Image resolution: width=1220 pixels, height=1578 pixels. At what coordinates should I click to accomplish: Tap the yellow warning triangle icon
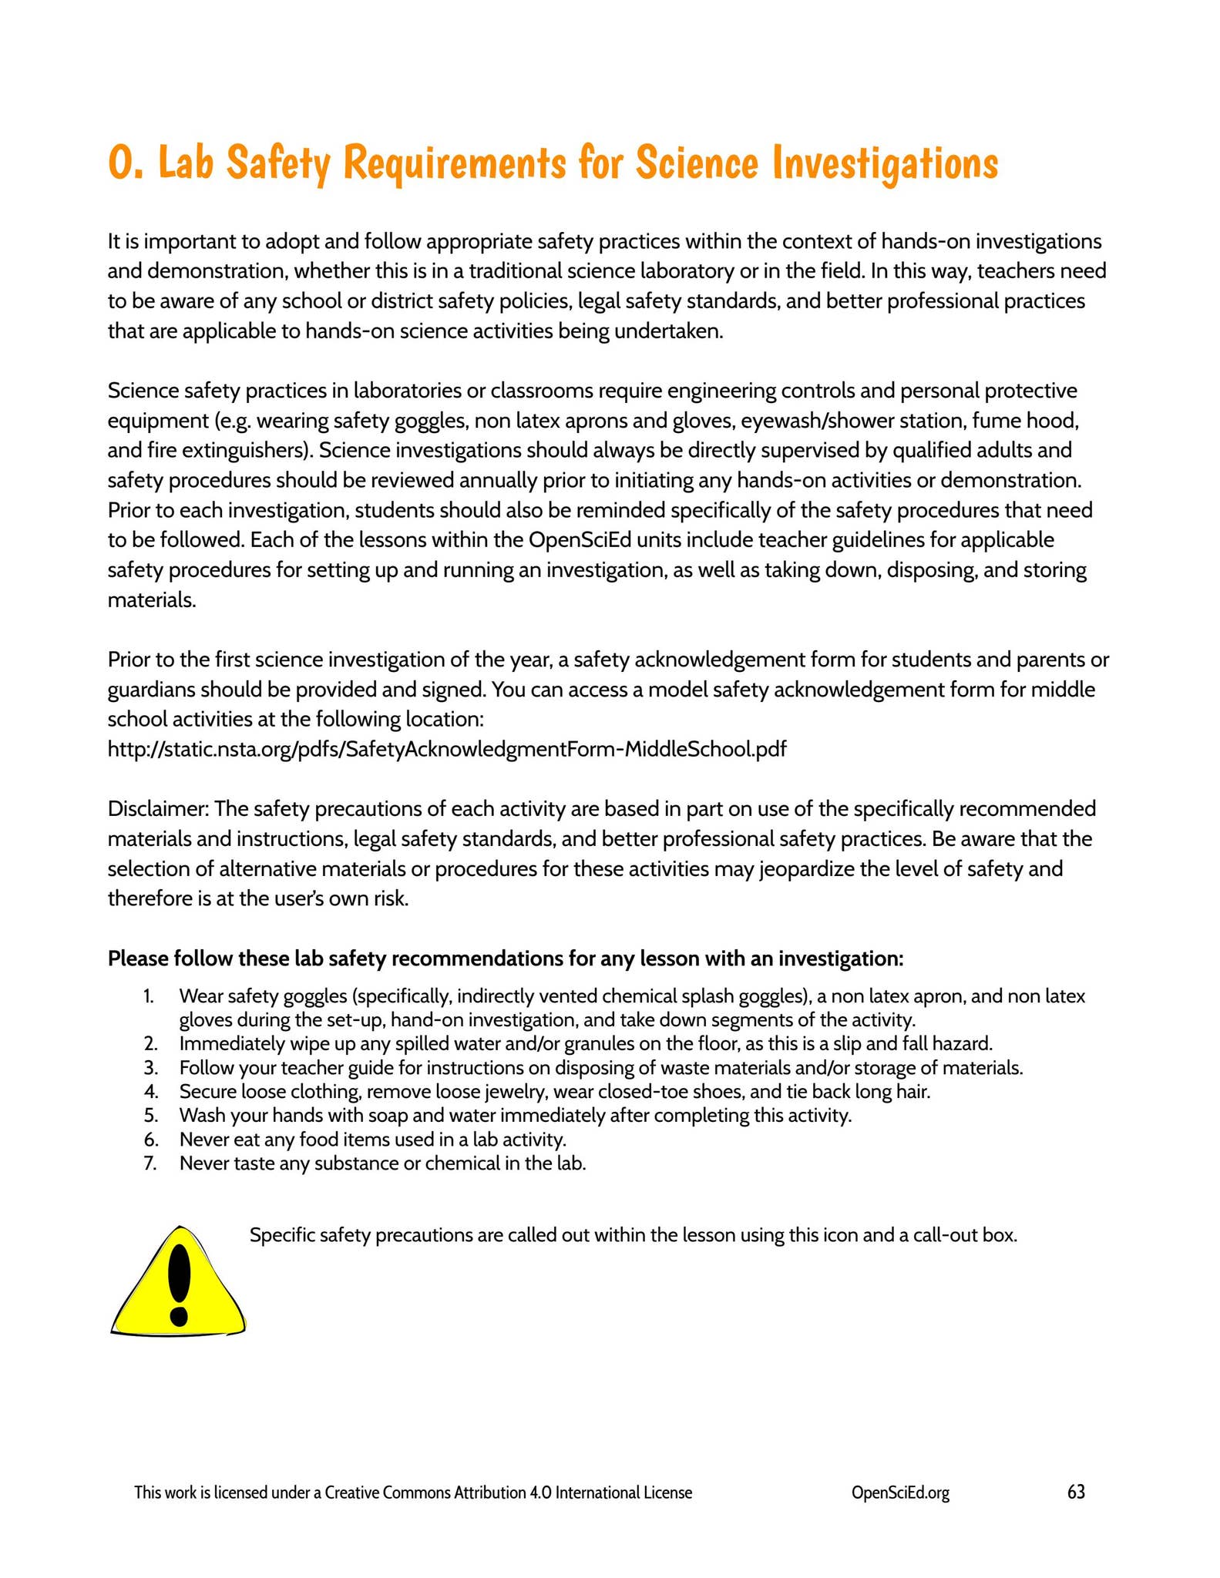[178, 1283]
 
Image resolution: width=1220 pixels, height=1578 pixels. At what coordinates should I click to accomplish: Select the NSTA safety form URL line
[446, 748]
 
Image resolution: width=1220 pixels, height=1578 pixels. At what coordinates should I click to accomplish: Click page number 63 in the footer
[1076, 1492]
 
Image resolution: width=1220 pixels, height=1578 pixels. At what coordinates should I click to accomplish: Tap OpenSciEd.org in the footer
[900, 1492]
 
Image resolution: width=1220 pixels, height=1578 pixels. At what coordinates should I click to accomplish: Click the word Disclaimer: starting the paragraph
[158, 808]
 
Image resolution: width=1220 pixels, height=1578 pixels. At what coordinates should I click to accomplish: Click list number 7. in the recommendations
[150, 1163]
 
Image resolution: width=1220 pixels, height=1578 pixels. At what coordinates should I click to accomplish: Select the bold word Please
[137, 959]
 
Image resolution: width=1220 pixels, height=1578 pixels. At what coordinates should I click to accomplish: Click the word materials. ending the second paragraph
[152, 599]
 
